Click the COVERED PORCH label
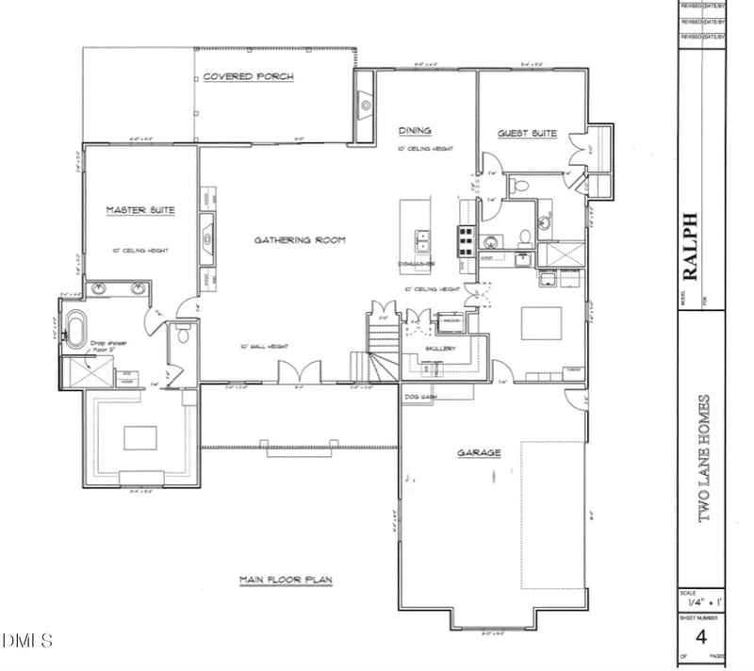[x=248, y=76]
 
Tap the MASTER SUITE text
[x=139, y=210]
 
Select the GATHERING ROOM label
[x=300, y=240]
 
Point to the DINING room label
[x=415, y=131]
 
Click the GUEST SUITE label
[x=528, y=134]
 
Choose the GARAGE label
[x=479, y=452]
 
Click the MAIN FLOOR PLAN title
[x=285, y=581]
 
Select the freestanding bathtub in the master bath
[x=74, y=326]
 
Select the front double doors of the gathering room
[x=299, y=371]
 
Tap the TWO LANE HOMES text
[x=702, y=458]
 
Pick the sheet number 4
[x=701, y=632]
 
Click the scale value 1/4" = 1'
[x=701, y=601]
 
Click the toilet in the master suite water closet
[x=183, y=334]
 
